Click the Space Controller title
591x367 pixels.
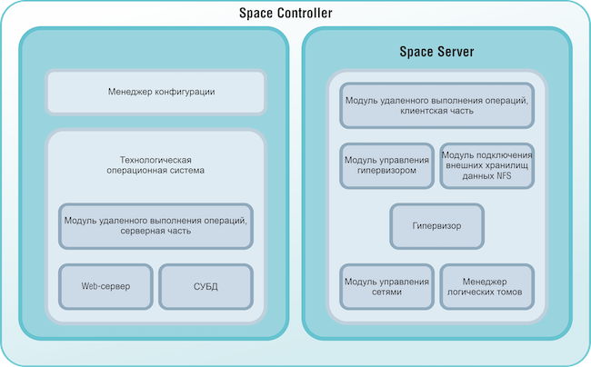click(x=285, y=14)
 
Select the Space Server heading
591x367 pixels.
click(x=436, y=51)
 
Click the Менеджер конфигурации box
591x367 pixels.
click(x=155, y=92)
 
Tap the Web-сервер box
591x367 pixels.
click(x=105, y=286)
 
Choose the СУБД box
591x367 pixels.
click(x=205, y=286)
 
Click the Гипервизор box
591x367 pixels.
click(x=436, y=226)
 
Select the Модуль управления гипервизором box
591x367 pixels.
click(x=386, y=165)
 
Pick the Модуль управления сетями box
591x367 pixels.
click(x=386, y=287)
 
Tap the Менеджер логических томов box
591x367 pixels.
click(x=486, y=287)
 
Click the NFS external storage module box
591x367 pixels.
click(x=486, y=165)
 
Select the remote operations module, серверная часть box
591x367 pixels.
click(x=155, y=225)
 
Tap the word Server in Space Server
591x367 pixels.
click(x=454, y=51)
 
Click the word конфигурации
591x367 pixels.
click(x=185, y=92)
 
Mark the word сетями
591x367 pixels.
click(x=386, y=293)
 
